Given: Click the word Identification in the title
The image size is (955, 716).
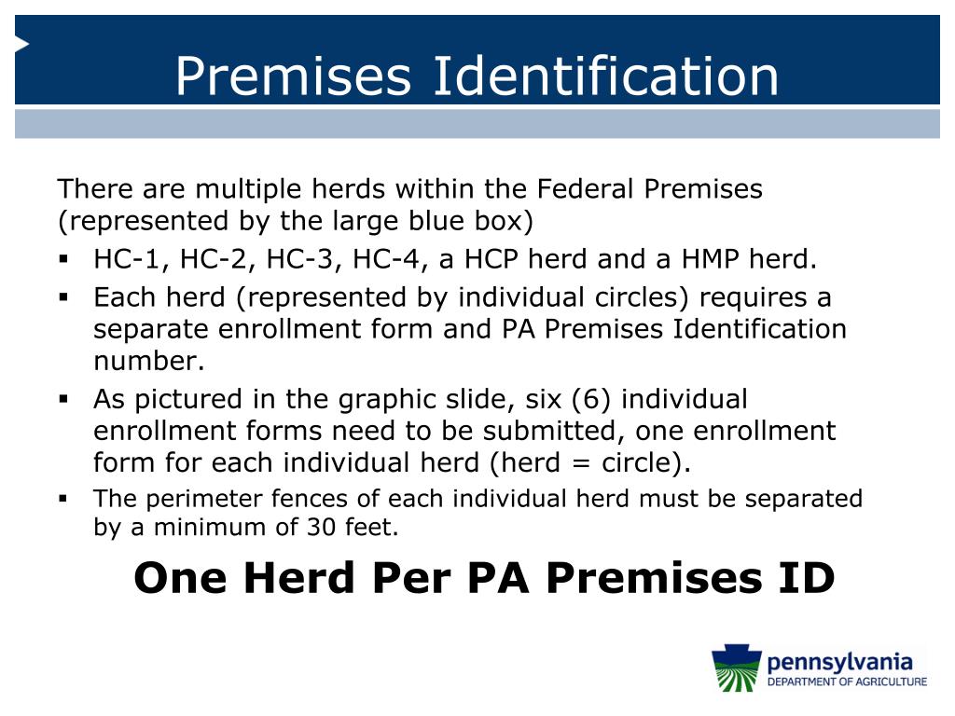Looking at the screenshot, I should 603,76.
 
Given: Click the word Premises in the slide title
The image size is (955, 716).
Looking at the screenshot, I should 293,76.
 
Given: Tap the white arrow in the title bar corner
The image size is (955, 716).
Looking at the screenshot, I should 21,44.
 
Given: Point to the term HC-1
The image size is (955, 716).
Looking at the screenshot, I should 125,259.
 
